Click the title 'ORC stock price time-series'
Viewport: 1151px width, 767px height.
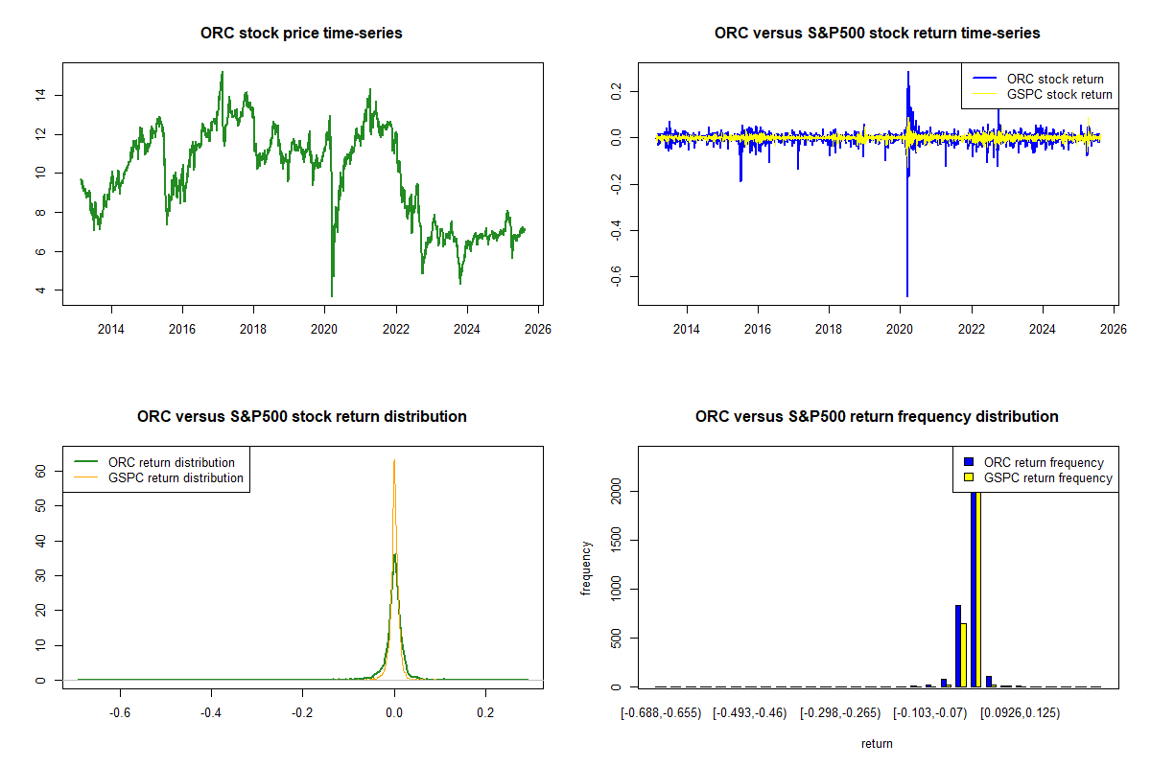[x=301, y=34]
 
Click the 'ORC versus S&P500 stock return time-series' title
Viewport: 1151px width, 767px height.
[x=877, y=34]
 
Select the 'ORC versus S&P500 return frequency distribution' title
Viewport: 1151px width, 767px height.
[x=877, y=417]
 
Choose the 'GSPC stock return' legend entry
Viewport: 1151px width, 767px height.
[x=1059, y=94]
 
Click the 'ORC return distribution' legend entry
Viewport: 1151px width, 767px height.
[x=171, y=462]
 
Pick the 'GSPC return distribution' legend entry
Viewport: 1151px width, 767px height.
[x=176, y=477]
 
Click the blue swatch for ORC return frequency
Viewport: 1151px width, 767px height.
[x=970, y=462]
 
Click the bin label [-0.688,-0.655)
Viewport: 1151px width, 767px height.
[x=661, y=712]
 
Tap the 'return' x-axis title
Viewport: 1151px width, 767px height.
[x=877, y=743]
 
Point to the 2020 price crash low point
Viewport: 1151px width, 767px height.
[x=332, y=295]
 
